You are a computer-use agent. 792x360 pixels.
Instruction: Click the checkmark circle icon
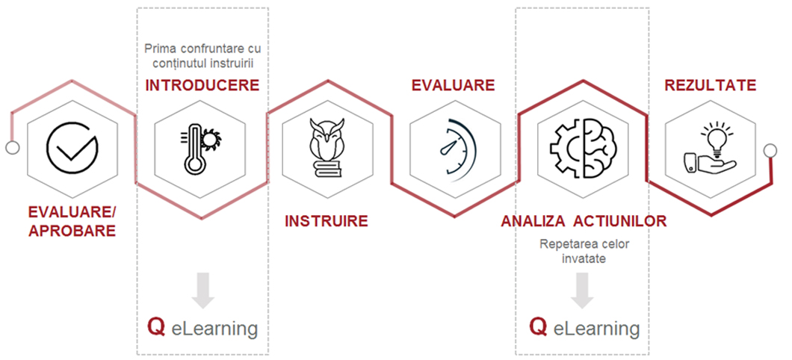tap(72, 149)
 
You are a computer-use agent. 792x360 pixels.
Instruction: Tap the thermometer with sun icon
tap(200, 149)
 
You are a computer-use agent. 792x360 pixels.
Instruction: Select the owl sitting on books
tap(327, 147)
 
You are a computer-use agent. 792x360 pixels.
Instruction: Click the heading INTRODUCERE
tap(202, 85)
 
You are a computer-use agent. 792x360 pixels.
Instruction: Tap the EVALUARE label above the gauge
tap(453, 85)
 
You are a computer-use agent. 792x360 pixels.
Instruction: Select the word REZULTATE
tap(710, 85)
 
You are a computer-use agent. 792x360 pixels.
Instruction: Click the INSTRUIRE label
tap(327, 221)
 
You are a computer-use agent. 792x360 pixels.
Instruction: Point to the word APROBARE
tap(72, 231)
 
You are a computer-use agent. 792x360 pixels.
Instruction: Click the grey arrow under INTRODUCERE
tap(203, 291)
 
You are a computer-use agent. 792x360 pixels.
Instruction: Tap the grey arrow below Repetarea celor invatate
tap(582, 291)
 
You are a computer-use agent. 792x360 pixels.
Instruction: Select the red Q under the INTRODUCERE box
tap(156, 327)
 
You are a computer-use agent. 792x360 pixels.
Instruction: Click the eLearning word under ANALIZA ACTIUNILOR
tap(596, 329)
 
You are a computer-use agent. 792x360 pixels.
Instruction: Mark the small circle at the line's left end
tap(12, 148)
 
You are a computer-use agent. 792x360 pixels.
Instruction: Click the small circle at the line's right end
tap(770, 150)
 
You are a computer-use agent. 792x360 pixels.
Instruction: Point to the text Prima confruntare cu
tap(206, 49)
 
